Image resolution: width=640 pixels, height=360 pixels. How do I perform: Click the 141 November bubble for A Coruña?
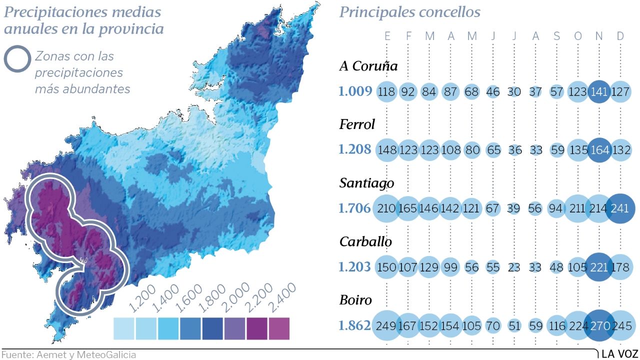(x=599, y=92)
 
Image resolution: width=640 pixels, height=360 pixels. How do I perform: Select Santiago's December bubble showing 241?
(x=620, y=208)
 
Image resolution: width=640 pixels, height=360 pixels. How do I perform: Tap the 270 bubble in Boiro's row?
(x=599, y=326)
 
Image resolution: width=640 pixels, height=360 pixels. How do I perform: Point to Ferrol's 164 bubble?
(x=599, y=150)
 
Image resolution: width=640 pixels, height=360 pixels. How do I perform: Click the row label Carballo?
(x=365, y=241)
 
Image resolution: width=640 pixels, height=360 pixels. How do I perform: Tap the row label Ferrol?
(x=357, y=124)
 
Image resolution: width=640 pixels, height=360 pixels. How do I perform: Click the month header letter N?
(x=599, y=36)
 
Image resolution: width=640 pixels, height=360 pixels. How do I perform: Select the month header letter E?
(x=387, y=36)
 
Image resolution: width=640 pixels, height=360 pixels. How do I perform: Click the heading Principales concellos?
(x=410, y=12)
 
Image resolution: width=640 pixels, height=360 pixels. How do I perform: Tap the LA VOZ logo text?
(x=619, y=354)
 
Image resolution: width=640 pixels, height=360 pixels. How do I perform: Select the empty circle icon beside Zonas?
(x=17, y=59)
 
